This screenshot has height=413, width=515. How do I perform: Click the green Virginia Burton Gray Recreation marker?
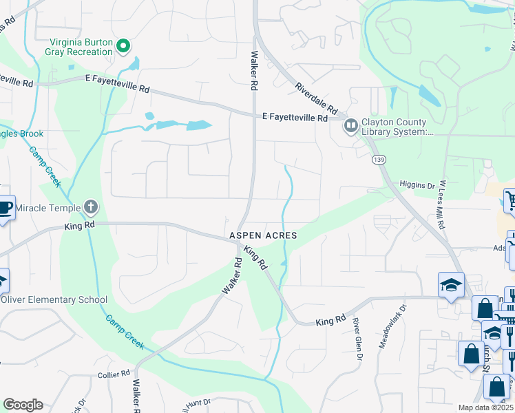pos(124,47)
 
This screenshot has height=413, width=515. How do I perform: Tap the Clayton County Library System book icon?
pos(350,125)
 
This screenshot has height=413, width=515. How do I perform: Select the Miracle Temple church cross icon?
pos(90,207)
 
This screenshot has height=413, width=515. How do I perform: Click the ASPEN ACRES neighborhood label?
pos(263,235)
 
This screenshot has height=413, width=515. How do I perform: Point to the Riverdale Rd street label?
pos(316,98)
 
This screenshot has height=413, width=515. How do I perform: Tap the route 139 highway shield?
pos(377,160)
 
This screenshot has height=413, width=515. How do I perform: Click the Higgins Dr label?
pos(418,185)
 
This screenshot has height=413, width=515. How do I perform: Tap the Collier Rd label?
pos(114,374)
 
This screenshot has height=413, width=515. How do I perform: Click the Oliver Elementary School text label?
pos(54,299)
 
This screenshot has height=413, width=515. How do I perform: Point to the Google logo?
pos(23,405)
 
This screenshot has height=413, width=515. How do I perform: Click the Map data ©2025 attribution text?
pos(485,407)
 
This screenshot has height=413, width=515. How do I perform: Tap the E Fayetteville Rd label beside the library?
pos(295,118)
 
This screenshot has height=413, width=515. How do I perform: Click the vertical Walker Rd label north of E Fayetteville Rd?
pos(254,71)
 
